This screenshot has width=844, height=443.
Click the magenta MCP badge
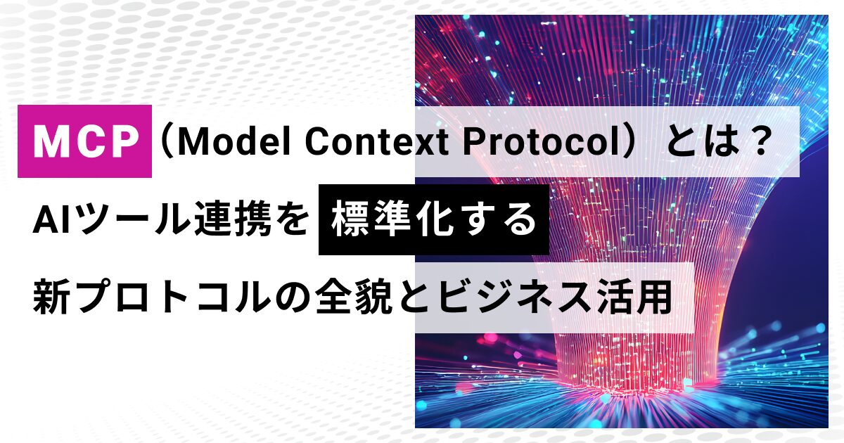85,141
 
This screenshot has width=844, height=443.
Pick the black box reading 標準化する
434,219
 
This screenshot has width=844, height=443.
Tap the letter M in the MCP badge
51,141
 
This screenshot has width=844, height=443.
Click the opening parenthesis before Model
166,142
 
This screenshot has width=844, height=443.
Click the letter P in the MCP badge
124,141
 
